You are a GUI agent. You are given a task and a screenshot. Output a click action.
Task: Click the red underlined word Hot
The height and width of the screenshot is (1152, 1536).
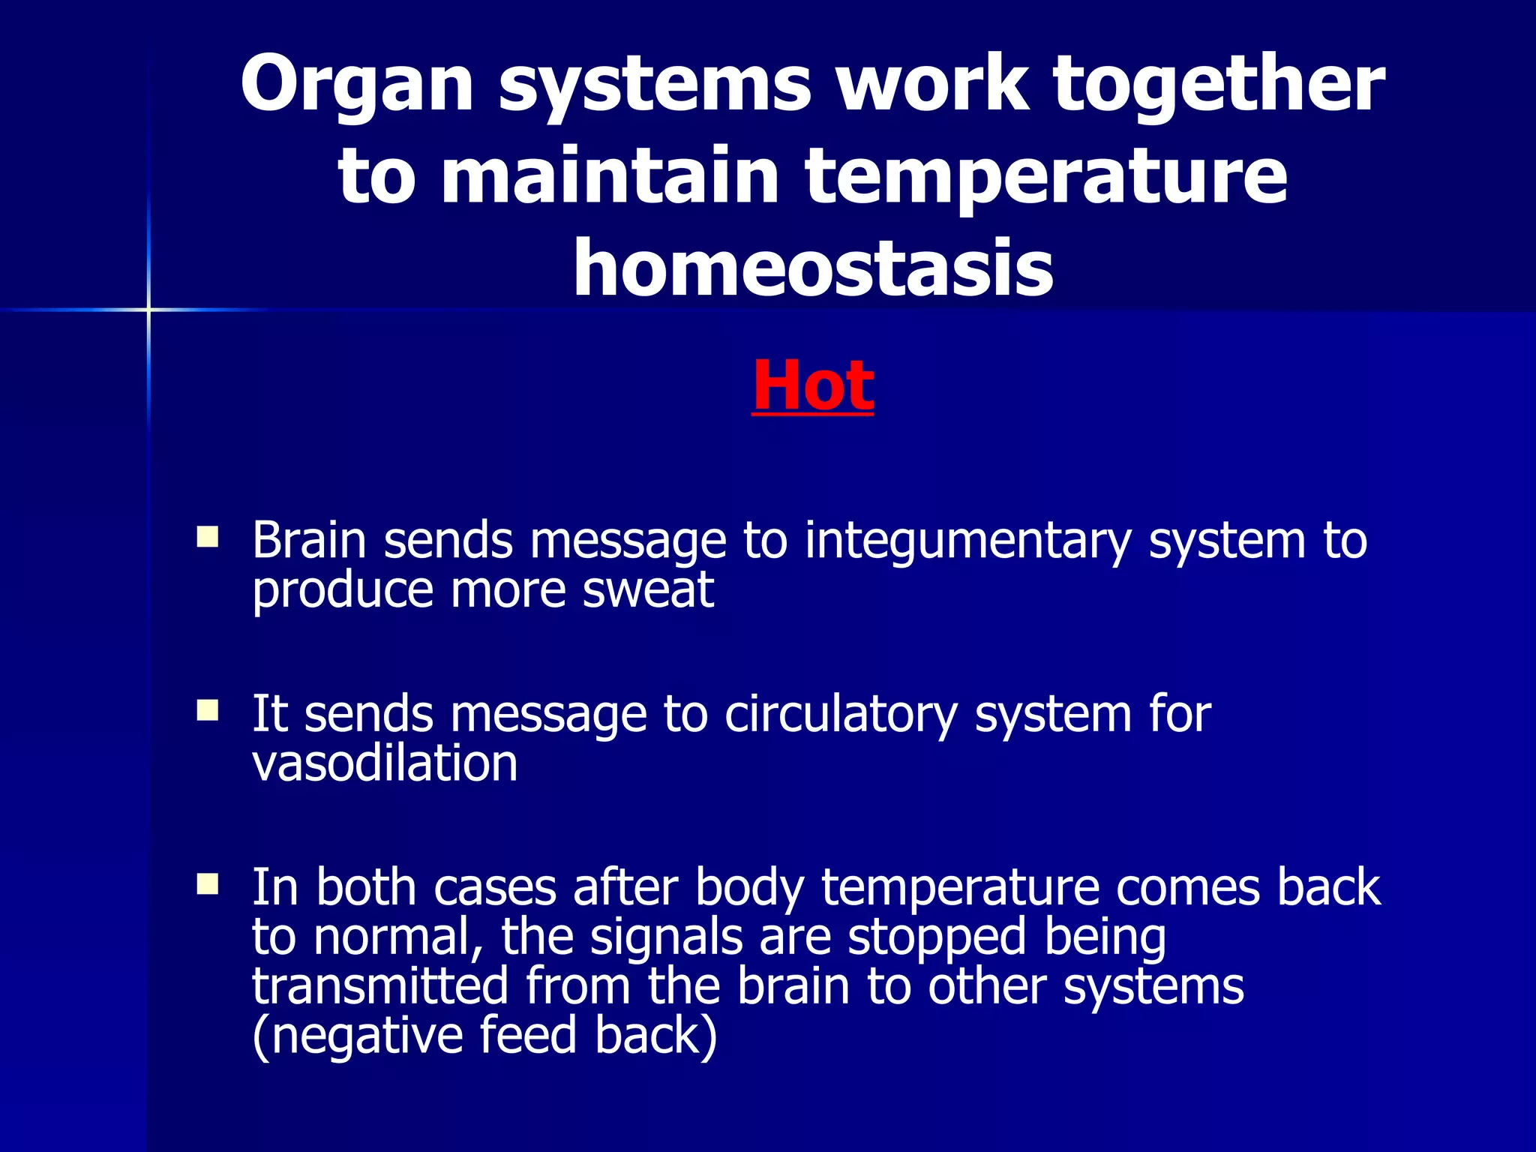(x=812, y=386)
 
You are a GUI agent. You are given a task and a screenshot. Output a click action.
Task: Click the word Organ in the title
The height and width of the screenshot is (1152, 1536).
(x=357, y=84)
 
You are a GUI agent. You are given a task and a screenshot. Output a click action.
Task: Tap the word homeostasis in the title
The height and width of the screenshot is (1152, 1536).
(x=813, y=268)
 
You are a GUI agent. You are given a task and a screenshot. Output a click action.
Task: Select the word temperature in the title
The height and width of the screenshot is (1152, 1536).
(x=1046, y=177)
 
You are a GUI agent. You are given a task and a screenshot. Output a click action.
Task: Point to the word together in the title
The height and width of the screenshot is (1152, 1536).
(x=1218, y=84)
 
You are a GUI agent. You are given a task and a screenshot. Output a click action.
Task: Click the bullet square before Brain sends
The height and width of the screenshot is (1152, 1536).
(x=207, y=537)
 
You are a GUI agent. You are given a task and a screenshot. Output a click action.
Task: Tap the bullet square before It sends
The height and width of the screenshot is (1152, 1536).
(x=207, y=710)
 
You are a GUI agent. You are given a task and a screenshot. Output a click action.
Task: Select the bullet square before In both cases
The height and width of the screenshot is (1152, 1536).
(x=207, y=884)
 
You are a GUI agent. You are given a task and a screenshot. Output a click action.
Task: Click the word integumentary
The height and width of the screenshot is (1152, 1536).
(x=967, y=541)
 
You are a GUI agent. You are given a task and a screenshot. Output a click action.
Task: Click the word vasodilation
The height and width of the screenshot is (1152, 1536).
(x=385, y=763)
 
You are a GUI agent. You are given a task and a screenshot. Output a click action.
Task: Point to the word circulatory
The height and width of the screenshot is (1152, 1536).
(x=841, y=714)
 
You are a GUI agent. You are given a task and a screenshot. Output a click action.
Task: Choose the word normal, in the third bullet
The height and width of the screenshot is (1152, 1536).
(x=398, y=937)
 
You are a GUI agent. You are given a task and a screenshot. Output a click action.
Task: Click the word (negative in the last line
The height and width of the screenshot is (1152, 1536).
(x=357, y=1036)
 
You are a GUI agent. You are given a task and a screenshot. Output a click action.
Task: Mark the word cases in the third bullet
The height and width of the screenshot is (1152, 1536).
(x=494, y=888)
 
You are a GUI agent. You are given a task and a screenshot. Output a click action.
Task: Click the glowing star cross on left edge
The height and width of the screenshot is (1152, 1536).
(x=148, y=309)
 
